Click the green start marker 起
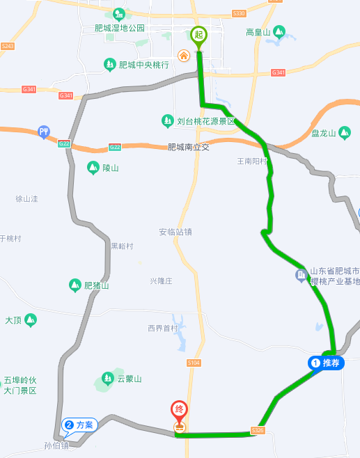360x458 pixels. point(198,35)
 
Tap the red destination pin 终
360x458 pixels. point(180,411)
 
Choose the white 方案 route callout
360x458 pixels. point(79,424)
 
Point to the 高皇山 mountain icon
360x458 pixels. point(279,31)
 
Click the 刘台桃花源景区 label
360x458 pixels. point(207,121)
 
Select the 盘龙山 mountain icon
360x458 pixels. point(345,132)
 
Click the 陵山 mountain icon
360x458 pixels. point(93,168)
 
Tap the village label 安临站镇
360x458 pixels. point(175,232)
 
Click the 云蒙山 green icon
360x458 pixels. point(107,379)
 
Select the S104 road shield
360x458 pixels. point(194,363)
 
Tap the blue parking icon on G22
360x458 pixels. point(44,131)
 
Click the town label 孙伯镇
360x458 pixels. point(56,445)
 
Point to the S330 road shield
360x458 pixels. point(239,13)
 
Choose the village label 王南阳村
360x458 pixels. point(252,161)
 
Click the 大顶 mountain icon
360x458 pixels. point(30,320)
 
